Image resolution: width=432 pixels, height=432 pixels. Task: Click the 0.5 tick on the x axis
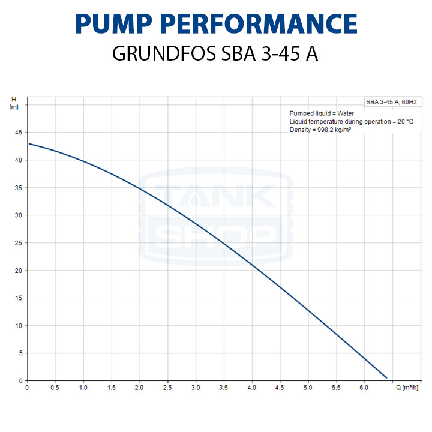click(x=55, y=388)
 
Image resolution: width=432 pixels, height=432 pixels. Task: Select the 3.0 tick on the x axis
click(x=196, y=388)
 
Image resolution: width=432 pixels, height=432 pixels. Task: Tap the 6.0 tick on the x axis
click(x=364, y=388)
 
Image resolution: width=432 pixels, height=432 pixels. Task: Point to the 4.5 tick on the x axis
click(x=280, y=388)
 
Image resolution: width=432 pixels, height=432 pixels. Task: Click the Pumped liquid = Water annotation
click(x=322, y=113)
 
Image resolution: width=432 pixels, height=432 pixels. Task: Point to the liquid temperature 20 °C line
click(x=351, y=121)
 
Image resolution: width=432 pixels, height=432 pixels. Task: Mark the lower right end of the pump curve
click(x=386, y=377)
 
